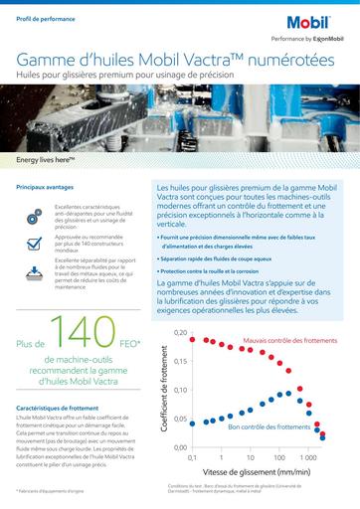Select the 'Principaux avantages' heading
[48, 187]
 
